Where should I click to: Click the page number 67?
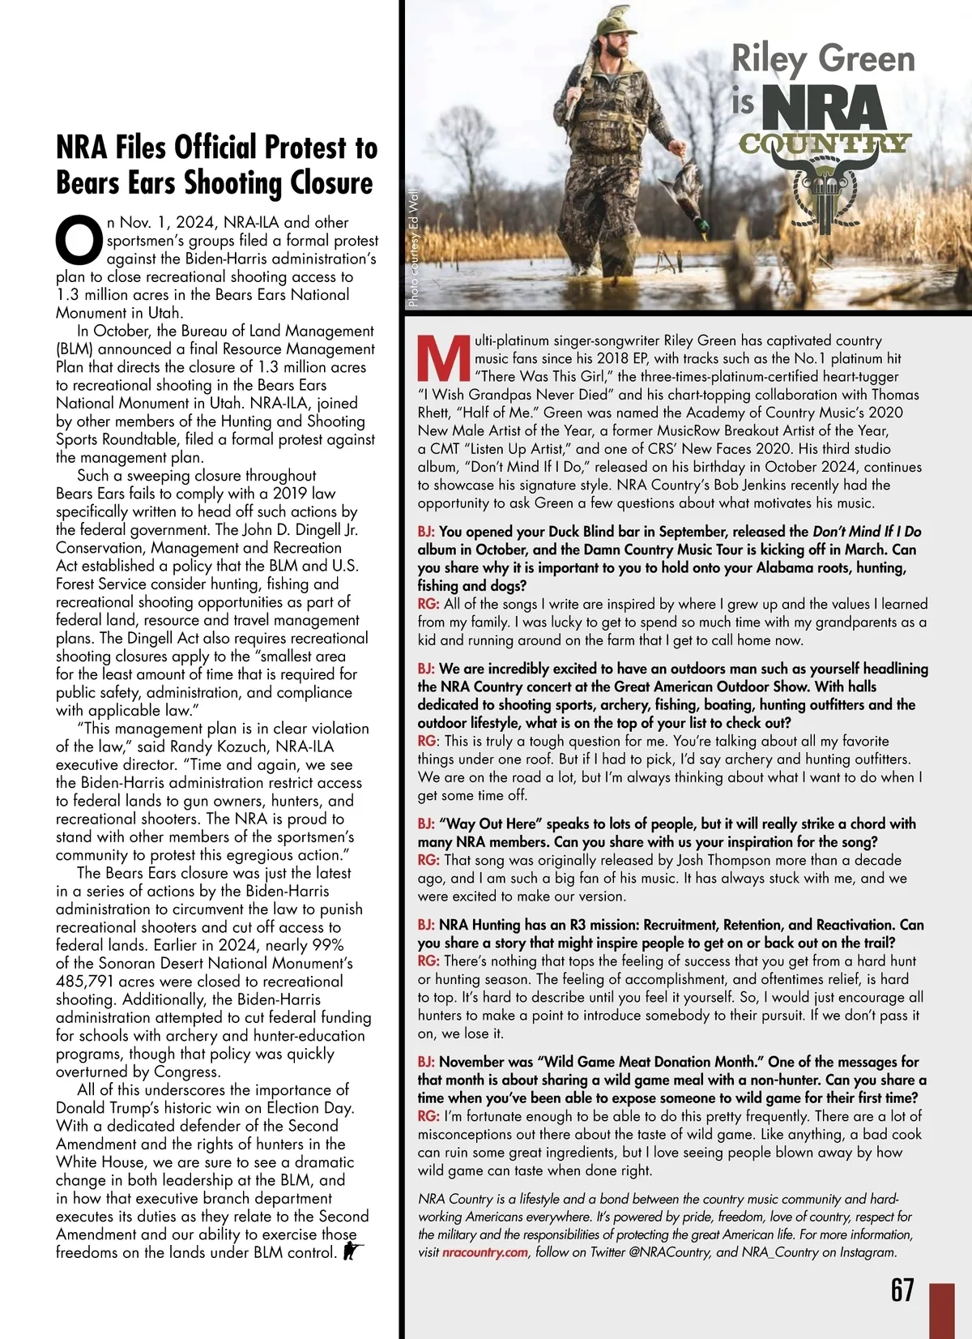(x=902, y=1289)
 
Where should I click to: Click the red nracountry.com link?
(x=485, y=1252)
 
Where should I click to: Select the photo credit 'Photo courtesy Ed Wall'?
(x=413, y=248)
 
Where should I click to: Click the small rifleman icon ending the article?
(x=353, y=1251)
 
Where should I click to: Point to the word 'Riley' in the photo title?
(x=769, y=60)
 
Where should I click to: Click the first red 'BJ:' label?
(x=426, y=532)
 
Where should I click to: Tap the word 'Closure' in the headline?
(x=331, y=184)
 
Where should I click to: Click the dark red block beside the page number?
(x=942, y=1310)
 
